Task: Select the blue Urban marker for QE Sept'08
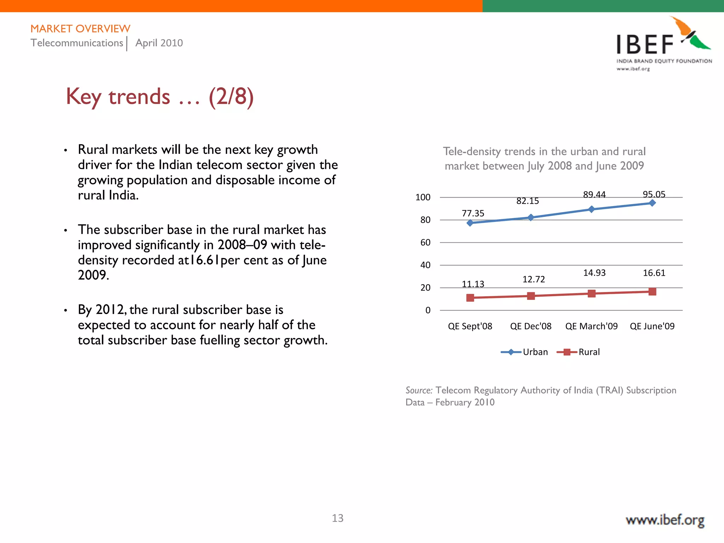(470, 223)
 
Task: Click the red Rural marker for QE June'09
(652, 292)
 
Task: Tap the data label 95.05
(654, 194)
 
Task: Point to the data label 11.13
(473, 284)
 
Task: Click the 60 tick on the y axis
(425, 243)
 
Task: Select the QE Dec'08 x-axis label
(530, 326)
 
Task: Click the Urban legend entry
(535, 352)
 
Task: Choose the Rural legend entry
(589, 352)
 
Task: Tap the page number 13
(337, 518)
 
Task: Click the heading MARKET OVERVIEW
(80, 29)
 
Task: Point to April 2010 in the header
(159, 43)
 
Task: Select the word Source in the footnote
(419, 390)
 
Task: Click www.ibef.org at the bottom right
(665, 520)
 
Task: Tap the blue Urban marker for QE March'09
(591, 209)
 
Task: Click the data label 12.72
(533, 279)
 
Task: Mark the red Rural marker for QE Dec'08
(531, 296)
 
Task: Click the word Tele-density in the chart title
(472, 151)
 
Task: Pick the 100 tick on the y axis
(423, 197)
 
